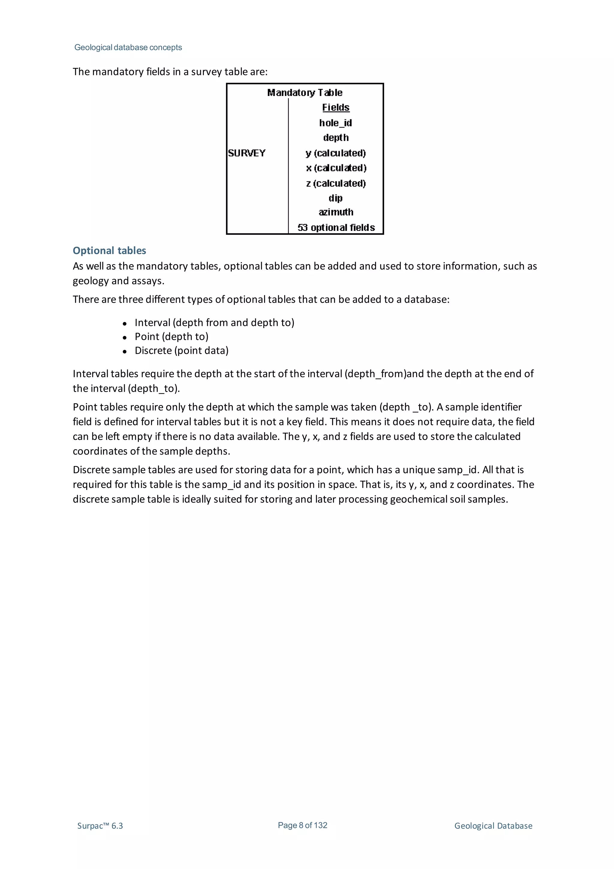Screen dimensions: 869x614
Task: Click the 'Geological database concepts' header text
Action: tap(128, 47)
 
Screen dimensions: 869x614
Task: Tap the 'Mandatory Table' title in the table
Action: tap(305, 93)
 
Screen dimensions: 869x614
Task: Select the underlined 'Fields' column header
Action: tap(335, 107)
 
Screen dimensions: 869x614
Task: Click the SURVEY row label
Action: tap(247, 153)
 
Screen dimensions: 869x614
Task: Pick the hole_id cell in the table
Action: tap(335, 123)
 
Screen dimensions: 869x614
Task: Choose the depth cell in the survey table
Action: tap(335, 138)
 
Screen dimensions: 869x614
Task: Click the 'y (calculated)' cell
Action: tap(335, 153)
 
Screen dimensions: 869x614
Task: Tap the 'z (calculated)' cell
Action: tap(335, 184)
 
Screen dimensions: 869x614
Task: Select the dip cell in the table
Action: tap(335, 198)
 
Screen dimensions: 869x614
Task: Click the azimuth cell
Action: tap(335, 212)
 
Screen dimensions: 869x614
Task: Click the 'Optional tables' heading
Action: tap(109, 251)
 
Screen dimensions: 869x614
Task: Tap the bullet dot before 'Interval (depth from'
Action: tap(124, 324)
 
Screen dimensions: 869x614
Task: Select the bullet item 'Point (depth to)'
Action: tap(171, 336)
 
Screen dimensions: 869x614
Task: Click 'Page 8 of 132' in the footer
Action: tap(302, 825)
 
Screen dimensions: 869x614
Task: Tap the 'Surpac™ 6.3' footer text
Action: tap(100, 826)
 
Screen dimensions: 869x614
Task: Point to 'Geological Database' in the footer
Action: tap(493, 826)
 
